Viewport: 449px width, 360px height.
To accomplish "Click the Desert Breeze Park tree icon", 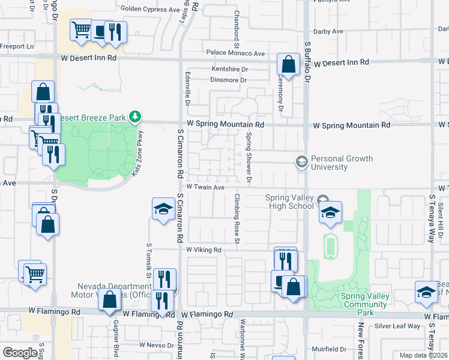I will tap(136, 116).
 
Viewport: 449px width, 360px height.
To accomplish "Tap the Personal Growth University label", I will tap(342, 163).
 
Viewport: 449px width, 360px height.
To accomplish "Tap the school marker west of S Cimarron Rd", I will tap(163, 209).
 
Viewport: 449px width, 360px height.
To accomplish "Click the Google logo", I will tap(20, 353).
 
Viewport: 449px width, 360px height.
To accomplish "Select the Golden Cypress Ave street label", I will tap(150, 8).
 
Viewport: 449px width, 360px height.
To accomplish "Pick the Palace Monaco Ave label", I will tap(235, 53).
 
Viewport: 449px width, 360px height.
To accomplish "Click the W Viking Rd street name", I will tap(203, 250).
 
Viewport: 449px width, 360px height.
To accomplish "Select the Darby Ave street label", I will tap(328, 31).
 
